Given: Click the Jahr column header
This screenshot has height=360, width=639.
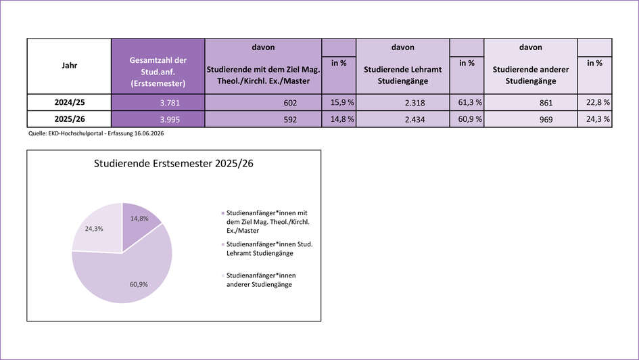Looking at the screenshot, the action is [69, 66].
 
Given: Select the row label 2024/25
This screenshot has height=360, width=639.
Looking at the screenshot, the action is [69, 102].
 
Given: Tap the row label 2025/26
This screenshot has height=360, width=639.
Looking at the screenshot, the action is [69, 119].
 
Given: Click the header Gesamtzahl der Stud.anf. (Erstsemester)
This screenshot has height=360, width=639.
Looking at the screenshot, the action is [158, 72].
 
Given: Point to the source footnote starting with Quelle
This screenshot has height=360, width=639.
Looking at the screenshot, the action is [96, 133].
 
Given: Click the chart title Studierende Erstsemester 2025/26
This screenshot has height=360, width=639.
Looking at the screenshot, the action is [174, 164].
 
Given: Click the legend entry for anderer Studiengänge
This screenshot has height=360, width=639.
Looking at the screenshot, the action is [258, 280].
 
